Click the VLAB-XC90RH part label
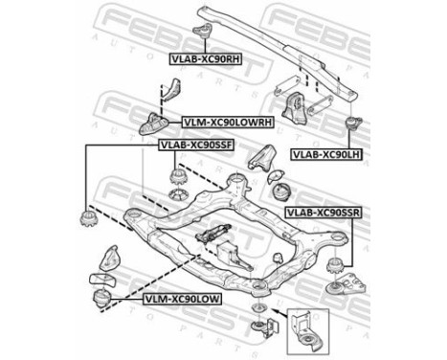coord(204,58)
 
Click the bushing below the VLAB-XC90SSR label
coord(339,266)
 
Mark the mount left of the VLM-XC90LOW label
coord(101,300)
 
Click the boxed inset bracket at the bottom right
coord(305,330)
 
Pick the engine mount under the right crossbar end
coord(297,107)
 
